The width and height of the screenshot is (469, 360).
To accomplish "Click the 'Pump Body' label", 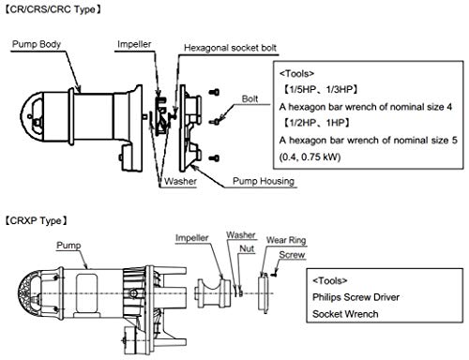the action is tap(37, 44).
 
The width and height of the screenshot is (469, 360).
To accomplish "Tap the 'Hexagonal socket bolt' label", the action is tap(230, 48).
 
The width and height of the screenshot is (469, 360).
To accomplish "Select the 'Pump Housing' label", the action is tap(264, 181).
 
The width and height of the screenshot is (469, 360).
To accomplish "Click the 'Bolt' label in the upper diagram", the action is tap(250, 98).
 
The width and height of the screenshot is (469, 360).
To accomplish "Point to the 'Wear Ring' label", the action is tap(286, 240).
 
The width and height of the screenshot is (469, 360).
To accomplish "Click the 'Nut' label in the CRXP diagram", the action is tap(247, 248).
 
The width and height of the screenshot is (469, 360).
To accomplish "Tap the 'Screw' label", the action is tap(292, 255).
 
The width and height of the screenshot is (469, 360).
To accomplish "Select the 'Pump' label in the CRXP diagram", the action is tap(68, 246).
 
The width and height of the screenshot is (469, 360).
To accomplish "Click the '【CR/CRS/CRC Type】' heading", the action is tap(53, 9).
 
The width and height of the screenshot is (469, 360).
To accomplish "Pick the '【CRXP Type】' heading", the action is tap(36, 220).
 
